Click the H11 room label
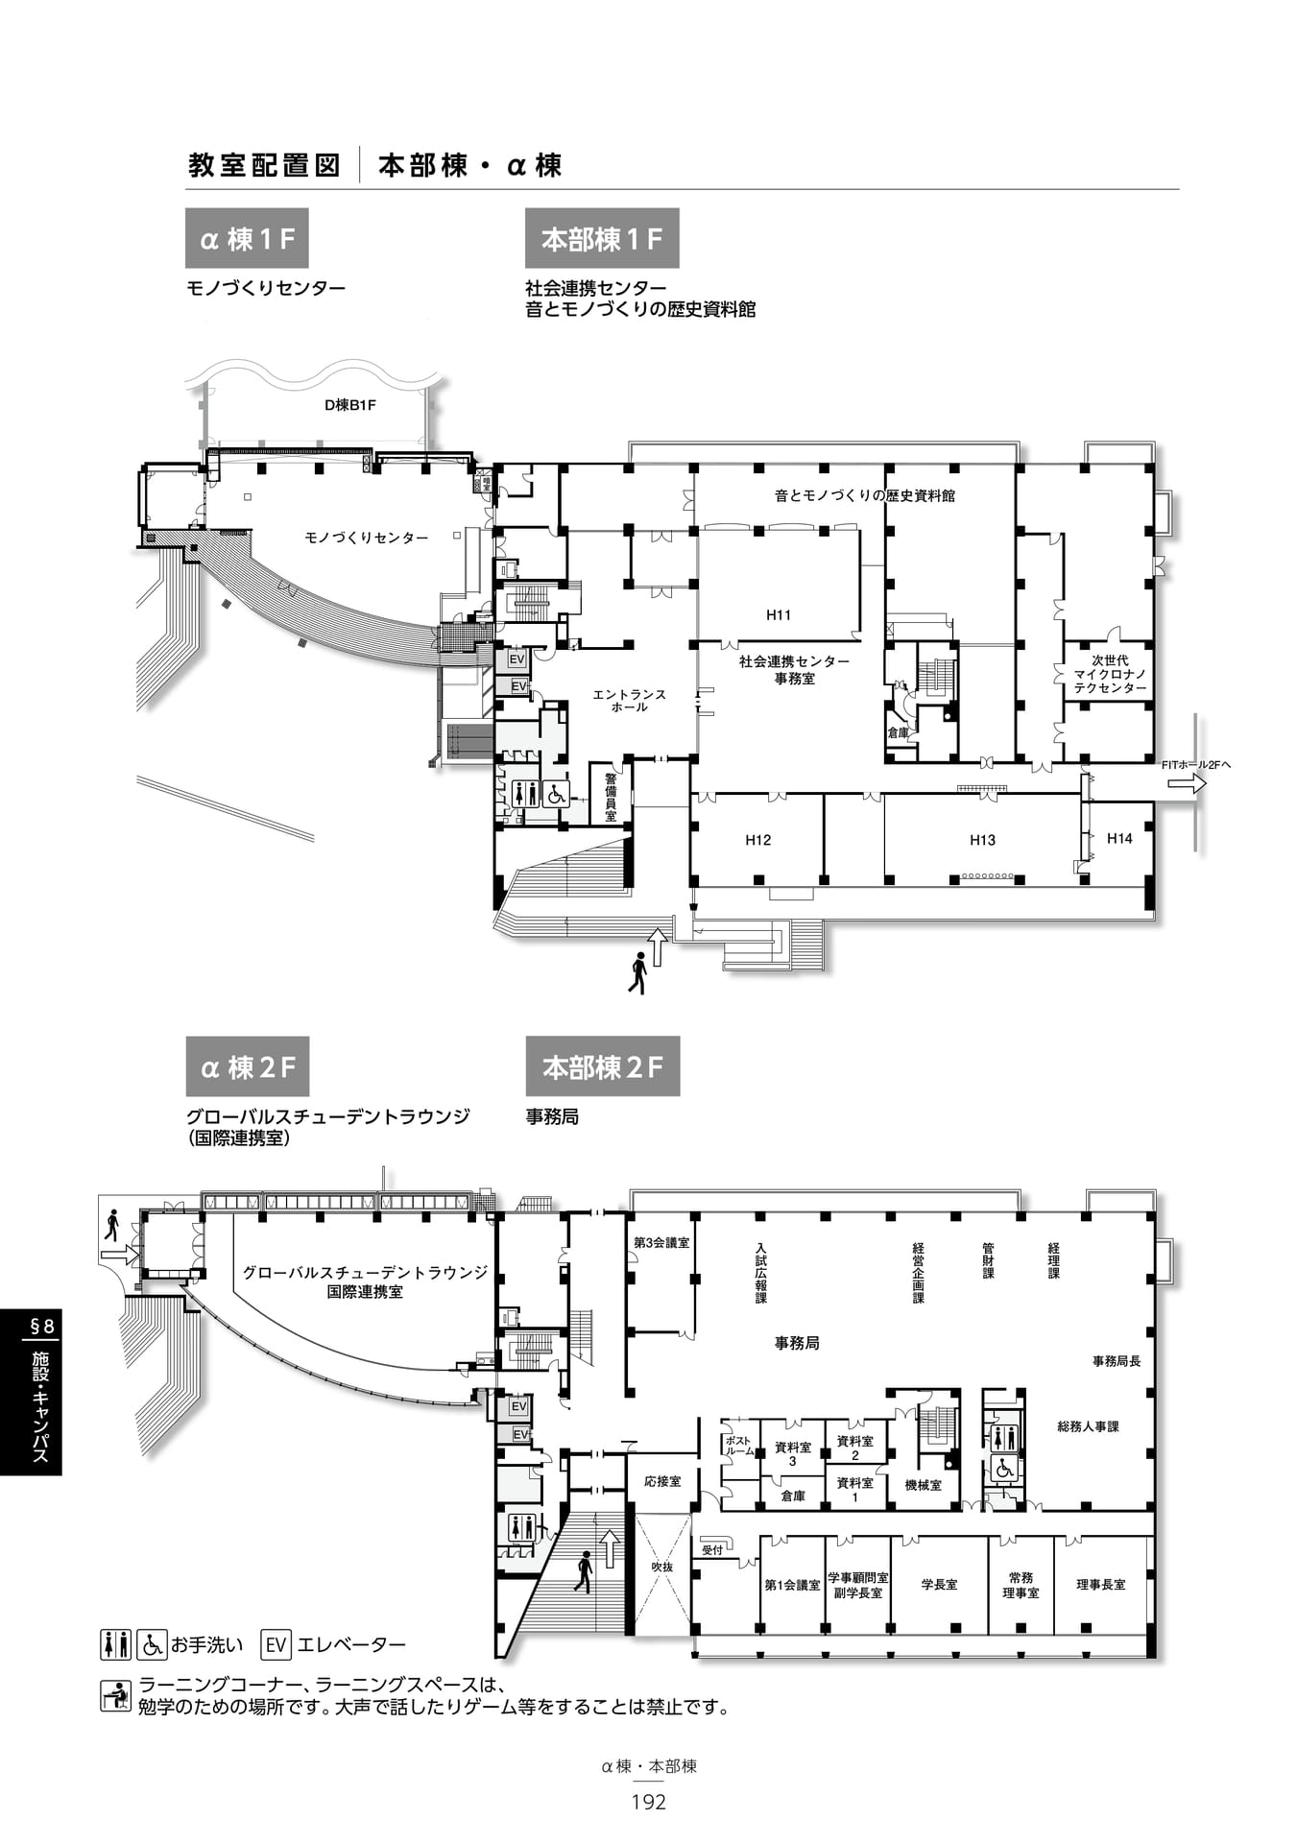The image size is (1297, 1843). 779,615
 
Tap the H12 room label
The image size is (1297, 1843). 758,840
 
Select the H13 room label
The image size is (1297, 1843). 982,840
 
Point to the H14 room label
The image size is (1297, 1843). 1119,838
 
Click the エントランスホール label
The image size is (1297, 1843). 629,701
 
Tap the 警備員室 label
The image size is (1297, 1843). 611,797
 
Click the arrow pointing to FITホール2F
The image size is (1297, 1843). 1187,784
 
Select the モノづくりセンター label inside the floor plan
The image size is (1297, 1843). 367,538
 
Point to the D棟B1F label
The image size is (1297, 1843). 350,405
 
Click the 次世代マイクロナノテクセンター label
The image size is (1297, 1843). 1110,674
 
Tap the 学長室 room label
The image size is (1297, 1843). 939,1584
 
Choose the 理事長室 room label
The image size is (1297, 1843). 1101,1584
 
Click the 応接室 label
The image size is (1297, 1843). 662,1481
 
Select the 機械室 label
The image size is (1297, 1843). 924,1485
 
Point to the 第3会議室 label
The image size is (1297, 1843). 661,1242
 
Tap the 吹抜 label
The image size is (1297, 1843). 662,1567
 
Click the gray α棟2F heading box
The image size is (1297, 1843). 248,1066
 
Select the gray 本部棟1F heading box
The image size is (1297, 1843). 602,238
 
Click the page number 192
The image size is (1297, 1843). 649,1802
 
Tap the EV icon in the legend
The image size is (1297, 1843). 276,1644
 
